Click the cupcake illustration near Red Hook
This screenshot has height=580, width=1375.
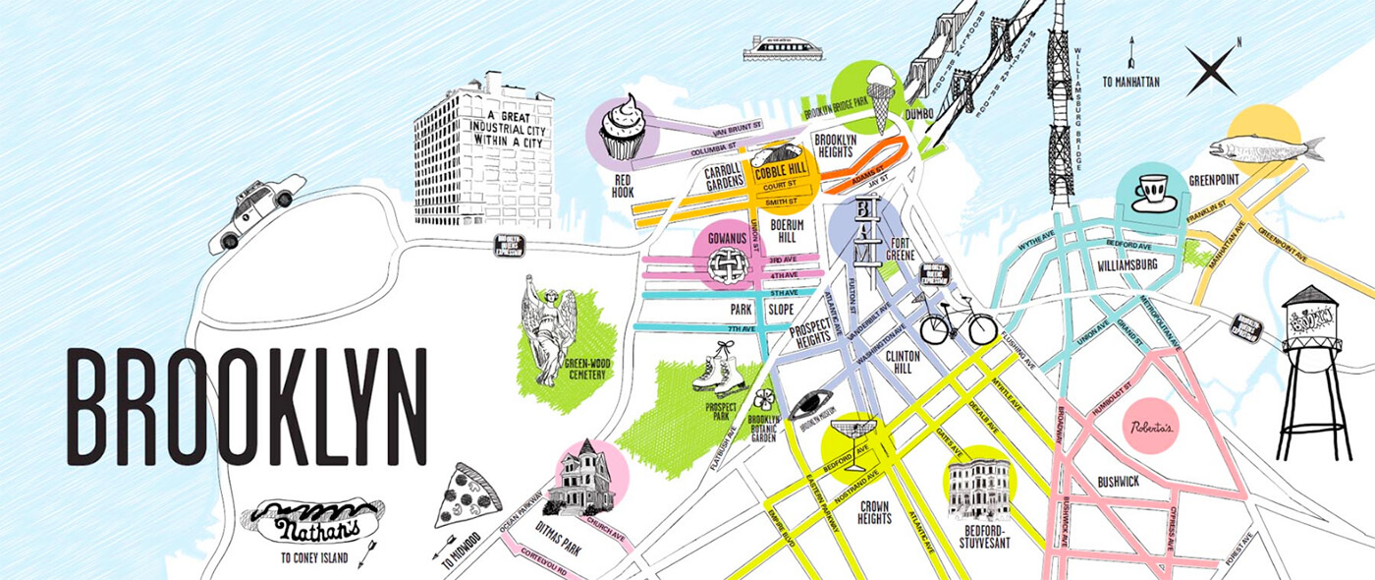coord(621,128)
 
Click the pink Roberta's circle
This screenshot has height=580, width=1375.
coord(1149,425)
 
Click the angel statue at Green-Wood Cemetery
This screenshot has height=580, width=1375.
coord(548,329)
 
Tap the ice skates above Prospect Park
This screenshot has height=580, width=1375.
coord(716,370)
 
